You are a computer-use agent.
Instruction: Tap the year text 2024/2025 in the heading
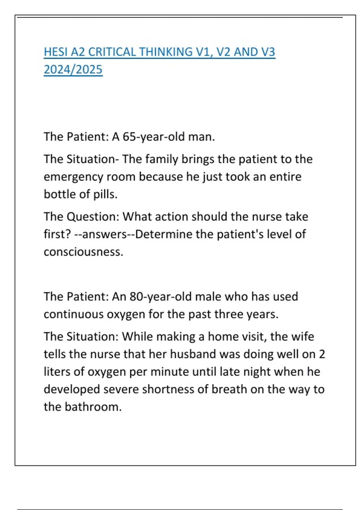point(73,70)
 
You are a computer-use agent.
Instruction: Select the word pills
point(105,194)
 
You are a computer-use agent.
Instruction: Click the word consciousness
point(83,252)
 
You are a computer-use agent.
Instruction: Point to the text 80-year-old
point(160,296)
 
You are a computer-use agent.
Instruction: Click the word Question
point(93,217)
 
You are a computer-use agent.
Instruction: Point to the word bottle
point(60,194)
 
